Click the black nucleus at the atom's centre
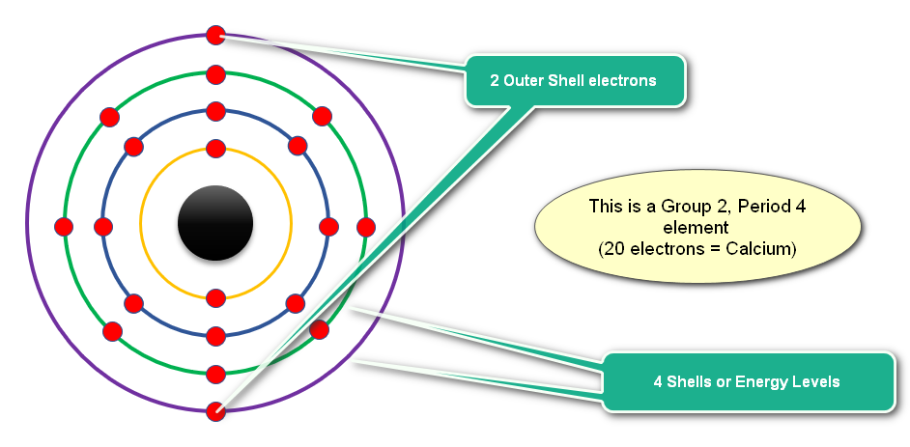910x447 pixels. point(215,223)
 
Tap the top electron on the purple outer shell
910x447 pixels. point(215,36)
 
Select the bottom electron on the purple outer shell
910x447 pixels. point(215,411)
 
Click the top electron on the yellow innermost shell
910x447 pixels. point(215,149)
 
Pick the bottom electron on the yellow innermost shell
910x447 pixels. point(215,298)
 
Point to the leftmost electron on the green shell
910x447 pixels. point(64,227)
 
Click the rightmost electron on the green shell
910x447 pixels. point(365,227)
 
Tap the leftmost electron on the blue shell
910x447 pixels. point(103,227)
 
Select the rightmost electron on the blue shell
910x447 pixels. point(328,227)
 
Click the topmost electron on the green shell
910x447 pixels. point(215,74)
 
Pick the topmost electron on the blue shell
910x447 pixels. point(215,111)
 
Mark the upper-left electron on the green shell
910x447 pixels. point(109,117)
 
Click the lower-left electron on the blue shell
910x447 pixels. point(133,304)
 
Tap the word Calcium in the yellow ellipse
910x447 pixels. point(759,249)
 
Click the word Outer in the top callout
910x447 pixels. point(523,80)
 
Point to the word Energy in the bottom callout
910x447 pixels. point(755,382)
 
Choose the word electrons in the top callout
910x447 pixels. point(622,80)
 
